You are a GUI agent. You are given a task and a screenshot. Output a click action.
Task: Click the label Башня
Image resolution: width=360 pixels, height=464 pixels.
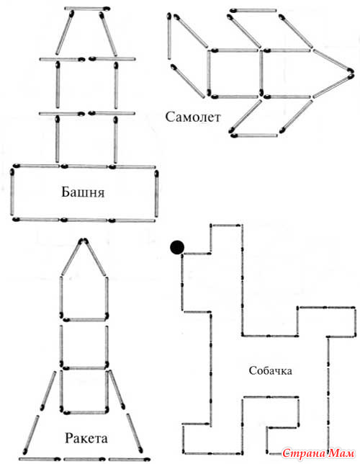tap(83, 192)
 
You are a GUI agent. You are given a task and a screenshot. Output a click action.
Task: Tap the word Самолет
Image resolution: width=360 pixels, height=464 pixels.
tap(193, 117)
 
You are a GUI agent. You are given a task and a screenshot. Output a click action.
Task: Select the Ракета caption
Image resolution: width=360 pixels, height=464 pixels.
tap(86, 438)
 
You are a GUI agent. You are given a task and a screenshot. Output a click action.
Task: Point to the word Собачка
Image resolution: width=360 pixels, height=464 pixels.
tap(271, 370)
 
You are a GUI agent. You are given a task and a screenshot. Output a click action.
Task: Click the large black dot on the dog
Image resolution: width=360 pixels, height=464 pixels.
tap(177, 247)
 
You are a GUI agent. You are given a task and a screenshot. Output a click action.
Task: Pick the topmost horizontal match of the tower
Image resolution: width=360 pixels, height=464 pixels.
tap(87, 9)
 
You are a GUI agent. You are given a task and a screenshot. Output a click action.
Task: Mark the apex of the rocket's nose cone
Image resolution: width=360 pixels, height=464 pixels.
tap(84, 241)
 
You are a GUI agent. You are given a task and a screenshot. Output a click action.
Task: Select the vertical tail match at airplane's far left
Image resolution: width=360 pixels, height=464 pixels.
tap(169, 36)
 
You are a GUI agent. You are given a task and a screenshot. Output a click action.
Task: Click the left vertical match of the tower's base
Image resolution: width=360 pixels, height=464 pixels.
tap(12, 192)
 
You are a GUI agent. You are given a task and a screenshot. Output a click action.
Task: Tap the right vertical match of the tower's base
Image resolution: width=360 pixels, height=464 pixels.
tap(156, 194)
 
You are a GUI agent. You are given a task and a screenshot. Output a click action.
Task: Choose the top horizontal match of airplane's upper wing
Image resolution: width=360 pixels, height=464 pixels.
tap(253, 11)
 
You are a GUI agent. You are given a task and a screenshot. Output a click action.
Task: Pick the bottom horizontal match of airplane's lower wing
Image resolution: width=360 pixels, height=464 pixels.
tap(254, 135)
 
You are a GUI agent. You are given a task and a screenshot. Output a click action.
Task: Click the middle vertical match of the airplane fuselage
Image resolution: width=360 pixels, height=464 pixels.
tap(261, 73)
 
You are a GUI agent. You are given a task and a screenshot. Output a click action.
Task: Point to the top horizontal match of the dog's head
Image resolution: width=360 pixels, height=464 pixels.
tap(225, 226)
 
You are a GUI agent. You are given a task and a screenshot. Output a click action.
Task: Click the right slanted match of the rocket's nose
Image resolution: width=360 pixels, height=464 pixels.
tap(95, 257)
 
